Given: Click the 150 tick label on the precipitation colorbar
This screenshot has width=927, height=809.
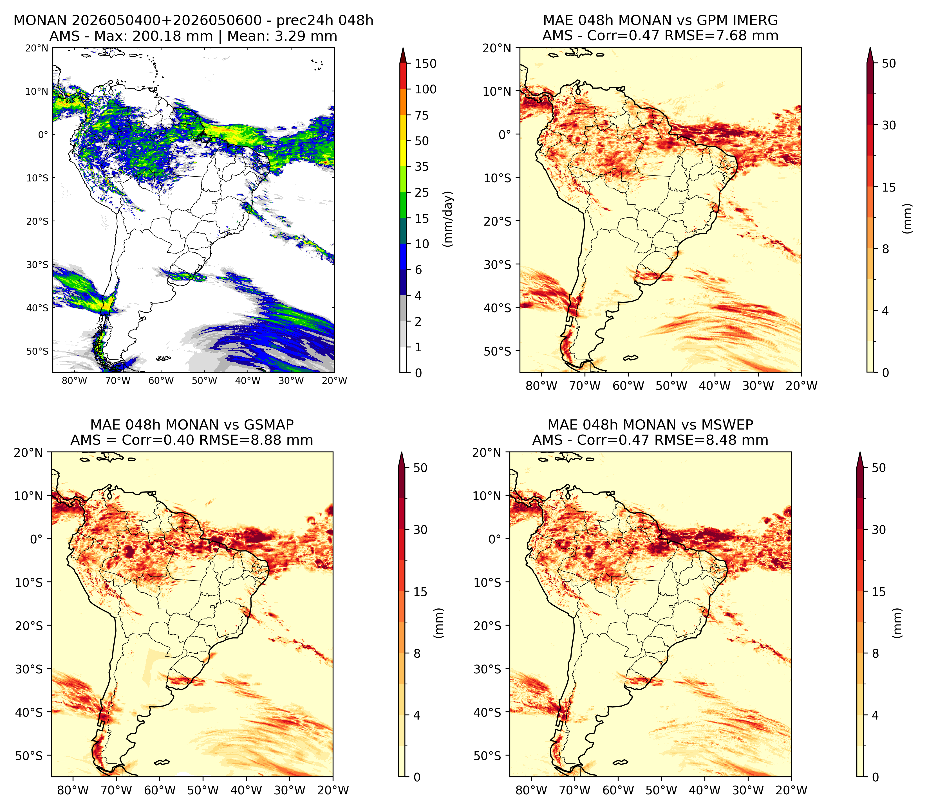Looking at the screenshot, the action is click(426, 64).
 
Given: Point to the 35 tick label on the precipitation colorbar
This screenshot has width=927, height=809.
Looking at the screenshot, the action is click(422, 167).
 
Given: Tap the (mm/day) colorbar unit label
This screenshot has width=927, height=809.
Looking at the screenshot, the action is click(448, 219).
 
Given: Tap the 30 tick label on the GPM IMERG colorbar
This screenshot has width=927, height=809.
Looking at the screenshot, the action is click(889, 125).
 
